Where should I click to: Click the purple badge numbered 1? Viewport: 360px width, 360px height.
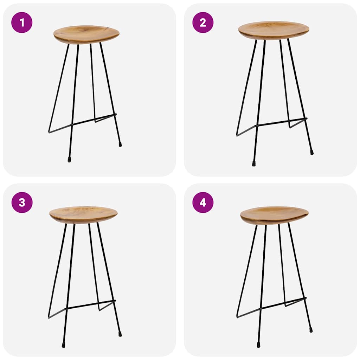[22, 22]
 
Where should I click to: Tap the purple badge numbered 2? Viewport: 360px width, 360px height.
[203, 22]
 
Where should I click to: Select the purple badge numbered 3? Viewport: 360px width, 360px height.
[22, 202]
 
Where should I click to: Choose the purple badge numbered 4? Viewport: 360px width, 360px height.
[203, 202]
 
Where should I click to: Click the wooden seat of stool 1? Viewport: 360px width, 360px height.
[86, 34]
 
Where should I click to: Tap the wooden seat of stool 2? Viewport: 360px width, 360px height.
[274, 30]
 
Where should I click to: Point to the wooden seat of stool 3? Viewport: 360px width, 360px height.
[83, 214]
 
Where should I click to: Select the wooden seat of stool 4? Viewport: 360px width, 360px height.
[274, 215]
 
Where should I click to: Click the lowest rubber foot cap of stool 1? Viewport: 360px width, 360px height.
[69, 160]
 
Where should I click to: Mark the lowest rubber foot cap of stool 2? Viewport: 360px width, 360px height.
[253, 163]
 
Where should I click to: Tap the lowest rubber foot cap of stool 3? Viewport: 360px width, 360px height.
[64, 345]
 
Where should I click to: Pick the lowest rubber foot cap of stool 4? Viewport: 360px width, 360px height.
[258, 345]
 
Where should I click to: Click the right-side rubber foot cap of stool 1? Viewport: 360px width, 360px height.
[120, 144]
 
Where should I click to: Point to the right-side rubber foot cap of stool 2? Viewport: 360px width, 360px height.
[311, 153]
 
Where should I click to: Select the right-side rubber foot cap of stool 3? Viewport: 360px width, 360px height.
[120, 333]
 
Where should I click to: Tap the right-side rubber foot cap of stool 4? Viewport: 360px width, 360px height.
[311, 330]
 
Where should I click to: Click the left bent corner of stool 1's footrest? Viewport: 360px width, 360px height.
[49, 132]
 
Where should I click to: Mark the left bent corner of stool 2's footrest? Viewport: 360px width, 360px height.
[237, 135]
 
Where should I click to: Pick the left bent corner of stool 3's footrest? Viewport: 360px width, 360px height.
[49, 317]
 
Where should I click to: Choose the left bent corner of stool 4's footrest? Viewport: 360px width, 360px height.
[237, 317]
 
